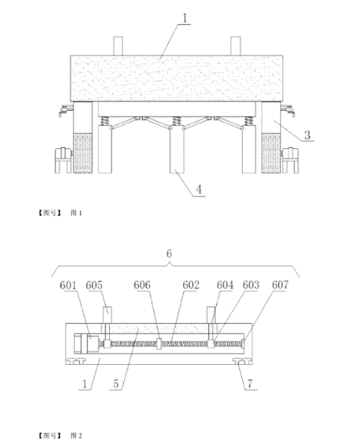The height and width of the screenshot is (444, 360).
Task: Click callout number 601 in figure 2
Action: pyautogui.click(x=68, y=285)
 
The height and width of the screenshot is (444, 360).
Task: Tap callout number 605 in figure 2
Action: pyautogui.click(x=94, y=285)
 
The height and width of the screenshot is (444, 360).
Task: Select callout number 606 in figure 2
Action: pyautogui.click(x=142, y=285)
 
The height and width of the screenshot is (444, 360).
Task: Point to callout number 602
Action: pyautogui.click(x=190, y=285)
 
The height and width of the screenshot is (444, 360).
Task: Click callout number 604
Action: pyautogui.click(x=226, y=285)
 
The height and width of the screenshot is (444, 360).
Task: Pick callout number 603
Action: pyautogui.click(x=251, y=285)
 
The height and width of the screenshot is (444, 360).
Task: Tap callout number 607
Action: pyautogui.click(x=280, y=285)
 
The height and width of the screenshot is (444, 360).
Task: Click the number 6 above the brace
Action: pyautogui.click(x=169, y=253)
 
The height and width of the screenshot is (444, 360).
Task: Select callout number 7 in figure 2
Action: pyautogui.click(x=249, y=383)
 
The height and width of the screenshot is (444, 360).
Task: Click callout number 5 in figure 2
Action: pyautogui.click(x=116, y=383)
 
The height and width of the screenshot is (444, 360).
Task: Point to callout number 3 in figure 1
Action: pyautogui.click(x=307, y=135)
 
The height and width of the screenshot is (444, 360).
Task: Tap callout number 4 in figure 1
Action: pyautogui.click(x=199, y=189)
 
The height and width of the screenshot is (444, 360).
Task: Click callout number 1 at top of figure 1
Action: pyautogui.click(x=184, y=18)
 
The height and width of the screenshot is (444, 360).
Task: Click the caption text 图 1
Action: pyautogui.click(x=76, y=213)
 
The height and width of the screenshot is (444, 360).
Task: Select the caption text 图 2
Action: pyautogui.click(x=76, y=436)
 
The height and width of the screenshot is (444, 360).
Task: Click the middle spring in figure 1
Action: pyautogui.click(x=176, y=121)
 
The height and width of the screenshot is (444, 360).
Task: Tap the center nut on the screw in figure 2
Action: pyautogui.click(x=159, y=344)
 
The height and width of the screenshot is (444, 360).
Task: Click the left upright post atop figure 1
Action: pyautogui.click(x=118, y=46)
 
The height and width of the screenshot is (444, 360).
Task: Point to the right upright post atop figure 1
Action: pyautogui.click(x=235, y=46)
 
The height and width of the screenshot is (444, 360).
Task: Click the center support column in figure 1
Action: pyautogui.click(x=177, y=149)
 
